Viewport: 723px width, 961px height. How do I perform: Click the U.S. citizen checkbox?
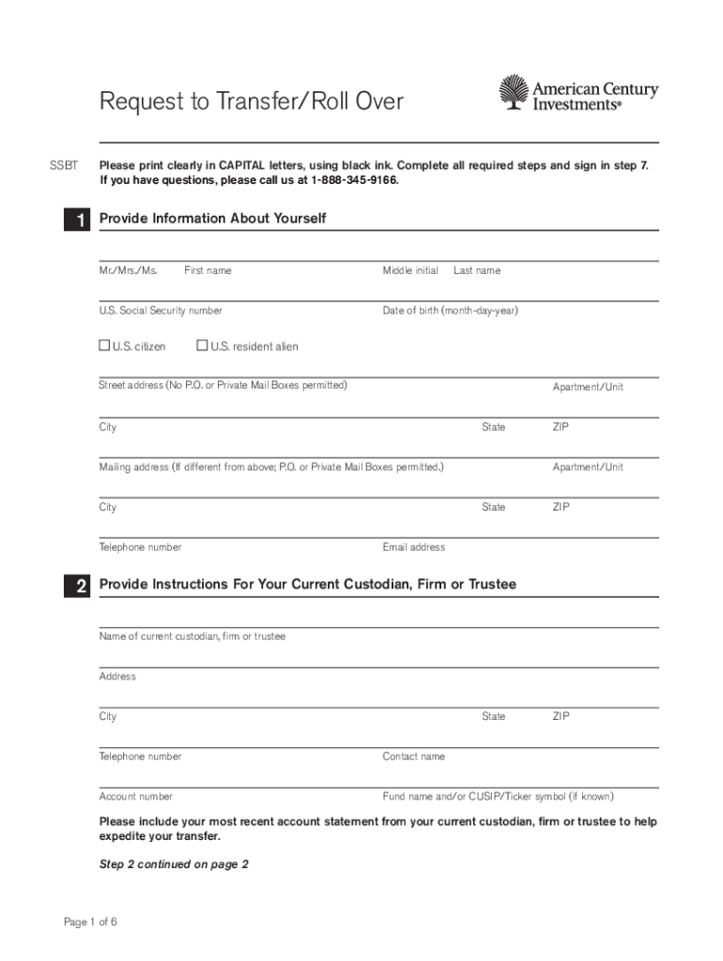pos(104,346)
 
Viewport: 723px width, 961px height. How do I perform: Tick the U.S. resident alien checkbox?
pos(201,346)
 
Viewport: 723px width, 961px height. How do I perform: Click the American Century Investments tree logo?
pos(513,93)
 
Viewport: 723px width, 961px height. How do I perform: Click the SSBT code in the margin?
pos(63,165)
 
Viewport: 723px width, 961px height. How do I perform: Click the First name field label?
pos(208,270)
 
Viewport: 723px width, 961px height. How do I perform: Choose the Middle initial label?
pos(410,270)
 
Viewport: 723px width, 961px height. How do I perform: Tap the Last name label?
pos(477,270)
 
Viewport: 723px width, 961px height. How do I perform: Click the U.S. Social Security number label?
pos(161,311)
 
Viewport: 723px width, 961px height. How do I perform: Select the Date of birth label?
pos(450,311)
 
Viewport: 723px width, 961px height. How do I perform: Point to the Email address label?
pos(413,547)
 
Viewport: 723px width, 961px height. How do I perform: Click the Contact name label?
pos(413,756)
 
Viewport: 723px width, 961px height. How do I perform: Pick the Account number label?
pos(136,797)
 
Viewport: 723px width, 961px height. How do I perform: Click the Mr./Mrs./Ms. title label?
pos(128,270)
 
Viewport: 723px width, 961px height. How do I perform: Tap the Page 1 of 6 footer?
pos(90,922)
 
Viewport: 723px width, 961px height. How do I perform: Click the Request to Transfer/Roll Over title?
pos(252,101)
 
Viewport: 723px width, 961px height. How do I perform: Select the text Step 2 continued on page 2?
pos(174,864)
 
